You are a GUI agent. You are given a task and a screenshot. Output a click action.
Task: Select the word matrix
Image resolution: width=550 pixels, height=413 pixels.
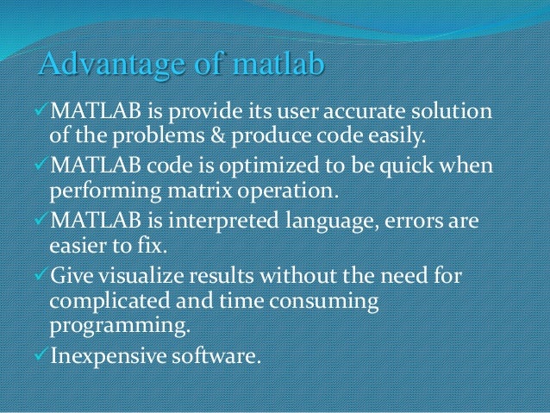coord(190,193)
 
